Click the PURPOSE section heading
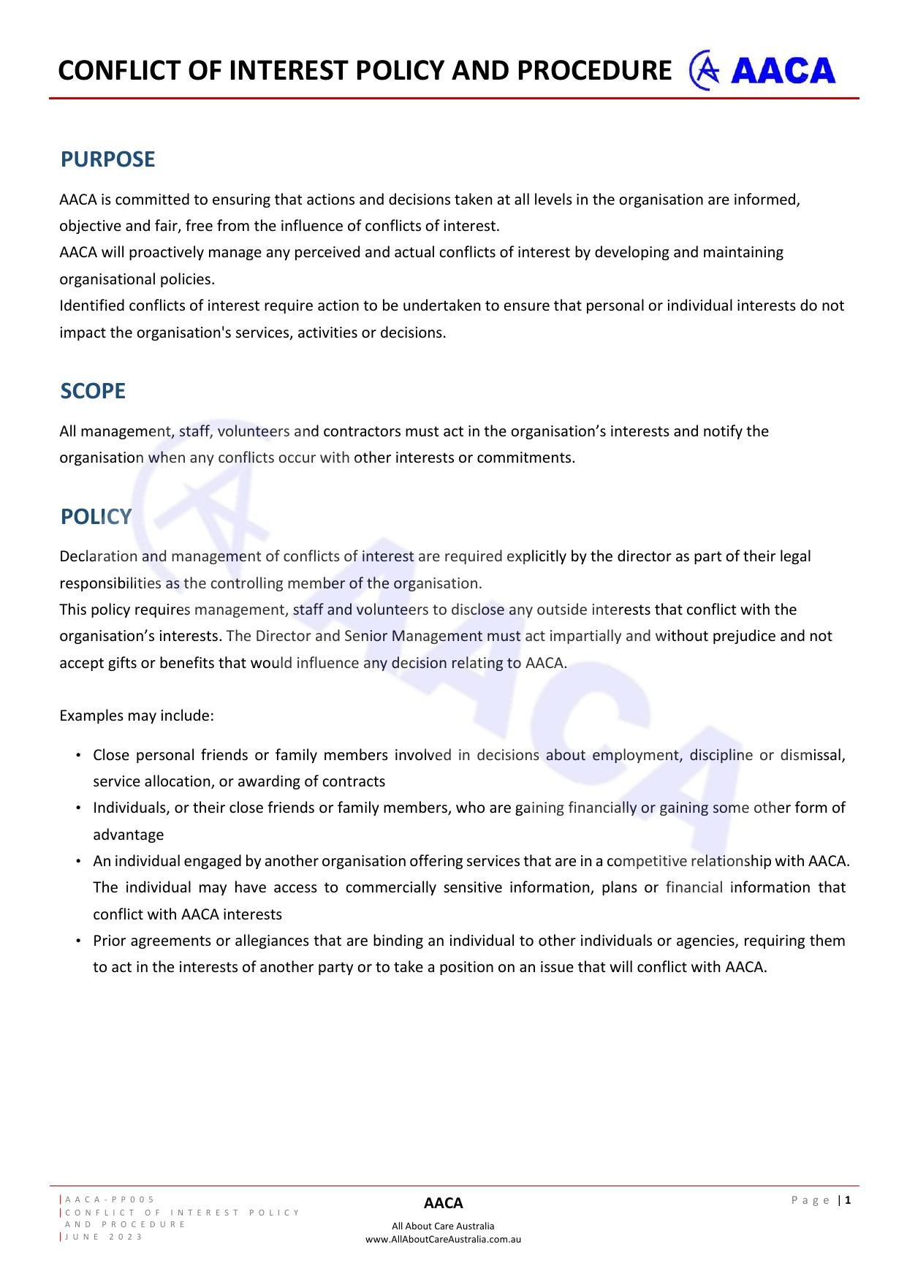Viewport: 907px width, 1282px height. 107,159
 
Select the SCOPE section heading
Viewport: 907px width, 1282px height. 93,391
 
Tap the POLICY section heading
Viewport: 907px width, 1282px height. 96,517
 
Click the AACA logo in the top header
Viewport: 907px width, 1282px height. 762,71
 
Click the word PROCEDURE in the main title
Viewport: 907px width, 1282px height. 593,71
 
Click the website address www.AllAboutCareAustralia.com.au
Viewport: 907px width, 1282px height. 443,1239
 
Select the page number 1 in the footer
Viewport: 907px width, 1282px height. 849,1199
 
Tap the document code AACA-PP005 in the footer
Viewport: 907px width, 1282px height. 110,1199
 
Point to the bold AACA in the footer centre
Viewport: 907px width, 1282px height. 443,1203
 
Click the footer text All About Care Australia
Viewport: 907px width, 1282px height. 443,1226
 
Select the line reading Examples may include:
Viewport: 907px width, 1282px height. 137,716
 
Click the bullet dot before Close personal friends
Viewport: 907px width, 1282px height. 77,755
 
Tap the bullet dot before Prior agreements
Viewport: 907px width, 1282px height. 77,941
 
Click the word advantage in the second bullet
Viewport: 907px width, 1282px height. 128,835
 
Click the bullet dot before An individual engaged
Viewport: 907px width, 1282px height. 77,861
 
